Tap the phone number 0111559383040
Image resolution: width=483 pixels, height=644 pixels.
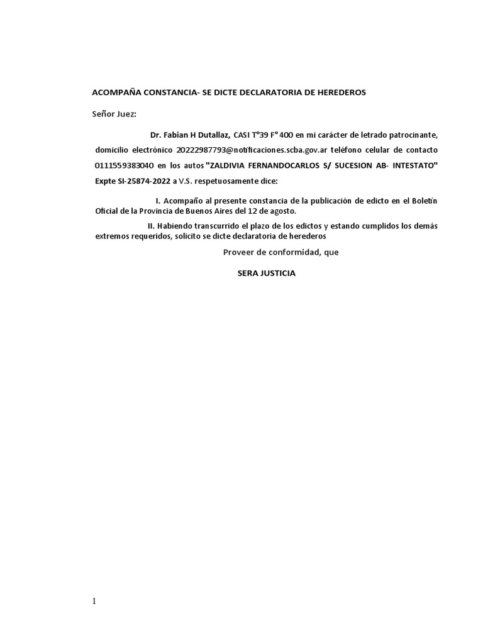(x=124, y=166)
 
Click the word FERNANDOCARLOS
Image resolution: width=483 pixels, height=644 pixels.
(x=289, y=166)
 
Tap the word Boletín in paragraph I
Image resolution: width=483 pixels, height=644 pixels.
(x=424, y=200)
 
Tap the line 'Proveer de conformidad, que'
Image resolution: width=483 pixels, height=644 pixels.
(x=280, y=252)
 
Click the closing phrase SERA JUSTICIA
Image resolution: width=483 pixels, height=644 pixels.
(x=266, y=274)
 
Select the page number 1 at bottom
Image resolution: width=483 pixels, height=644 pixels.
(x=94, y=601)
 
